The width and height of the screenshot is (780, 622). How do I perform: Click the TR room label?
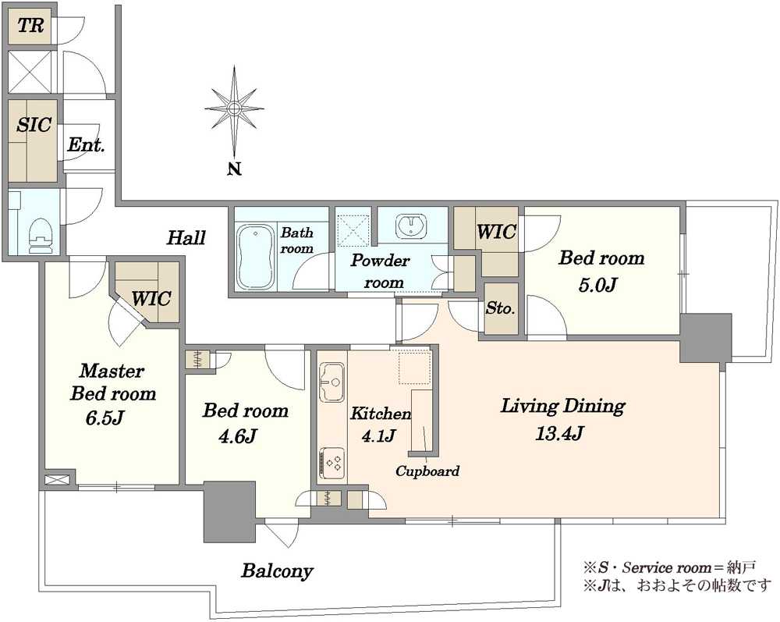point(31,26)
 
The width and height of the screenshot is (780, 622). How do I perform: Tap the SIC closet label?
point(34,124)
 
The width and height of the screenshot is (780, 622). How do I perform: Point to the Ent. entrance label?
point(86,145)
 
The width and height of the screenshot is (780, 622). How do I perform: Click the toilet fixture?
point(41,236)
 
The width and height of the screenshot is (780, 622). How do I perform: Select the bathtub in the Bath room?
point(256,258)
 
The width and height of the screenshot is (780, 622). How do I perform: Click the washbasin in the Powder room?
point(411,226)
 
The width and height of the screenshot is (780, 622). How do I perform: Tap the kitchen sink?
point(331,382)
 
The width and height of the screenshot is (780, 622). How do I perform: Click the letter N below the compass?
point(235,169)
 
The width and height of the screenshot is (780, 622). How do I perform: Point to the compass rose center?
point(234,108)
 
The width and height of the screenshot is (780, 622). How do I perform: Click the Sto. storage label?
point(501,308)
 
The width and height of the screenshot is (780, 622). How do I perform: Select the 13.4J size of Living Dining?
point(559,433)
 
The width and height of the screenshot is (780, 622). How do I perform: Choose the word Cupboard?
point(427,471)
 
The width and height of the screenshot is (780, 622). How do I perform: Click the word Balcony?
point(277,570)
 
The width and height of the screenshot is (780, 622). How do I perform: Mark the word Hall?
point(186,237)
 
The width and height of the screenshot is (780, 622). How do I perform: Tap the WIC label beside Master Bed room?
point(151,299)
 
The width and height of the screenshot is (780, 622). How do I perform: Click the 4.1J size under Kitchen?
point(379,435)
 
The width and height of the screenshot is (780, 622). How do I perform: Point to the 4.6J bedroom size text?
point(238,436)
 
